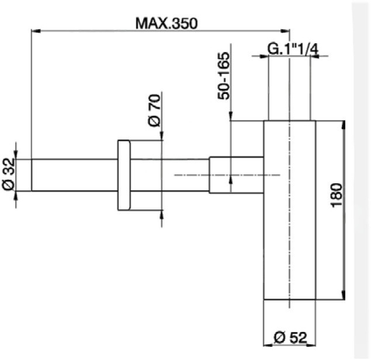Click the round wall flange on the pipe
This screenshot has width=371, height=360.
pyautogui.click(x=124, y=175)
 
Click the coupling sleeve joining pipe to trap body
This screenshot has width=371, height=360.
pyautogui.click(x=236, y=175)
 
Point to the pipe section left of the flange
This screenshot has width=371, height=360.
pyautogui.click(x=73, y=175)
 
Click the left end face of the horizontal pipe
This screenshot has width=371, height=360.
pyautogui.click(x=31, y=175)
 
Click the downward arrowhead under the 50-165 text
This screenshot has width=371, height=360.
pyautogui.click(x=232, y=117)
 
